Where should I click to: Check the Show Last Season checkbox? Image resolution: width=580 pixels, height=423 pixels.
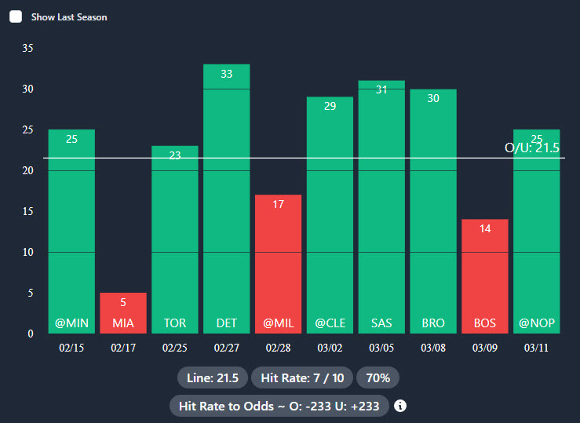tap(16, 16)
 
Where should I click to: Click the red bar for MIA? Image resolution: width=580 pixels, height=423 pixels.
tap(122, 312)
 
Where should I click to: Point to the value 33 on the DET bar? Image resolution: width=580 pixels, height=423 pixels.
tap(226, 74)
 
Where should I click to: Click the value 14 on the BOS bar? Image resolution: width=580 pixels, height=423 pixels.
tap(485, 229)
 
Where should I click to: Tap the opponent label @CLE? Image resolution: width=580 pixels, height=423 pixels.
tap(330, 323)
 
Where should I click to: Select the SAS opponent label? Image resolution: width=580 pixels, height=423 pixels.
tap(381, 323)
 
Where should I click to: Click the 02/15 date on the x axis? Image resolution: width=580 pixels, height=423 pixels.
tap(71, 348)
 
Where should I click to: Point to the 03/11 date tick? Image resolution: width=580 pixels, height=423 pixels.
tap(536, 348)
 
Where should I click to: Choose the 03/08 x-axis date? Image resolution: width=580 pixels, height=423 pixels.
tap(433, 348)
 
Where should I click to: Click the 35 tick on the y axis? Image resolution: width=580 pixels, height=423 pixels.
tap(28, 48)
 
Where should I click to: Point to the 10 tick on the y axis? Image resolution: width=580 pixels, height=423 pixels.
tap(28, 252)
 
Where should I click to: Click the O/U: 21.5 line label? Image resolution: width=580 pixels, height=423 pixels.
tap(531, 148)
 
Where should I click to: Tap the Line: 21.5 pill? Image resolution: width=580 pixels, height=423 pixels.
tap(213, 377)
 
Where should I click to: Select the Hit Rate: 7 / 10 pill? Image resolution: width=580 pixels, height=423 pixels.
tap(302, 377)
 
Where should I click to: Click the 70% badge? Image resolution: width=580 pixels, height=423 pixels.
tap(378, 377)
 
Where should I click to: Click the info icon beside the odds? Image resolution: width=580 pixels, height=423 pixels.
tap(400, 406)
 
